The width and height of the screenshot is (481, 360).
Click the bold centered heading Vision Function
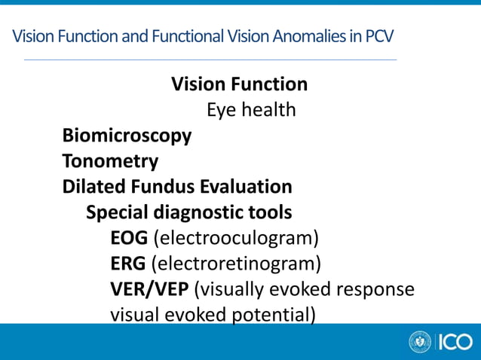(x=239, y=84)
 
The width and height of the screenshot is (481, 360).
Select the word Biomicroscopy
(x=127, y=136)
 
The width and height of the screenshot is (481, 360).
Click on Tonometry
(x=110, y=161)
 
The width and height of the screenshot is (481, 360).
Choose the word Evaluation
(x=247, y=186)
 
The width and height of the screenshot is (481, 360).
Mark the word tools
(x=271, y=212)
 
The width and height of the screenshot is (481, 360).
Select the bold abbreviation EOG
(x=129, y=239)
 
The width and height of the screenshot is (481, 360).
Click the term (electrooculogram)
(x=236, y=239)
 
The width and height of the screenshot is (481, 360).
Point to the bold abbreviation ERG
(x=128, y=264)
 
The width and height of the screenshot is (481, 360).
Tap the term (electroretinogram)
(x=236, y=264)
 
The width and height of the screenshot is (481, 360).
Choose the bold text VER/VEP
(x=149, y=290)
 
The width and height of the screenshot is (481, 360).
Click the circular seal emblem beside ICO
(x=420, y=342)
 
